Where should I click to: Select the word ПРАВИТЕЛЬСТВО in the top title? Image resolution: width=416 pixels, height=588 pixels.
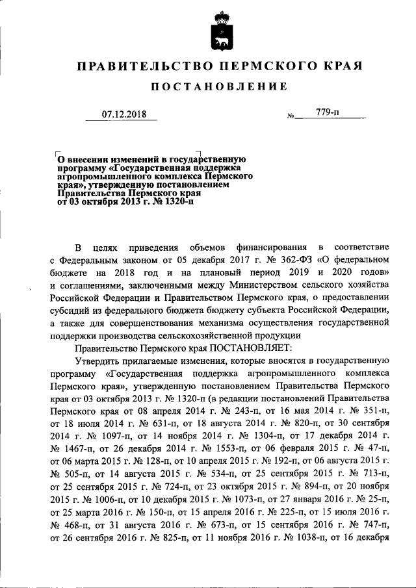[x=143, y=66]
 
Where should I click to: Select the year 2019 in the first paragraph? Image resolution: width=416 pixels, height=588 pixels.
[x=307, y=273]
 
